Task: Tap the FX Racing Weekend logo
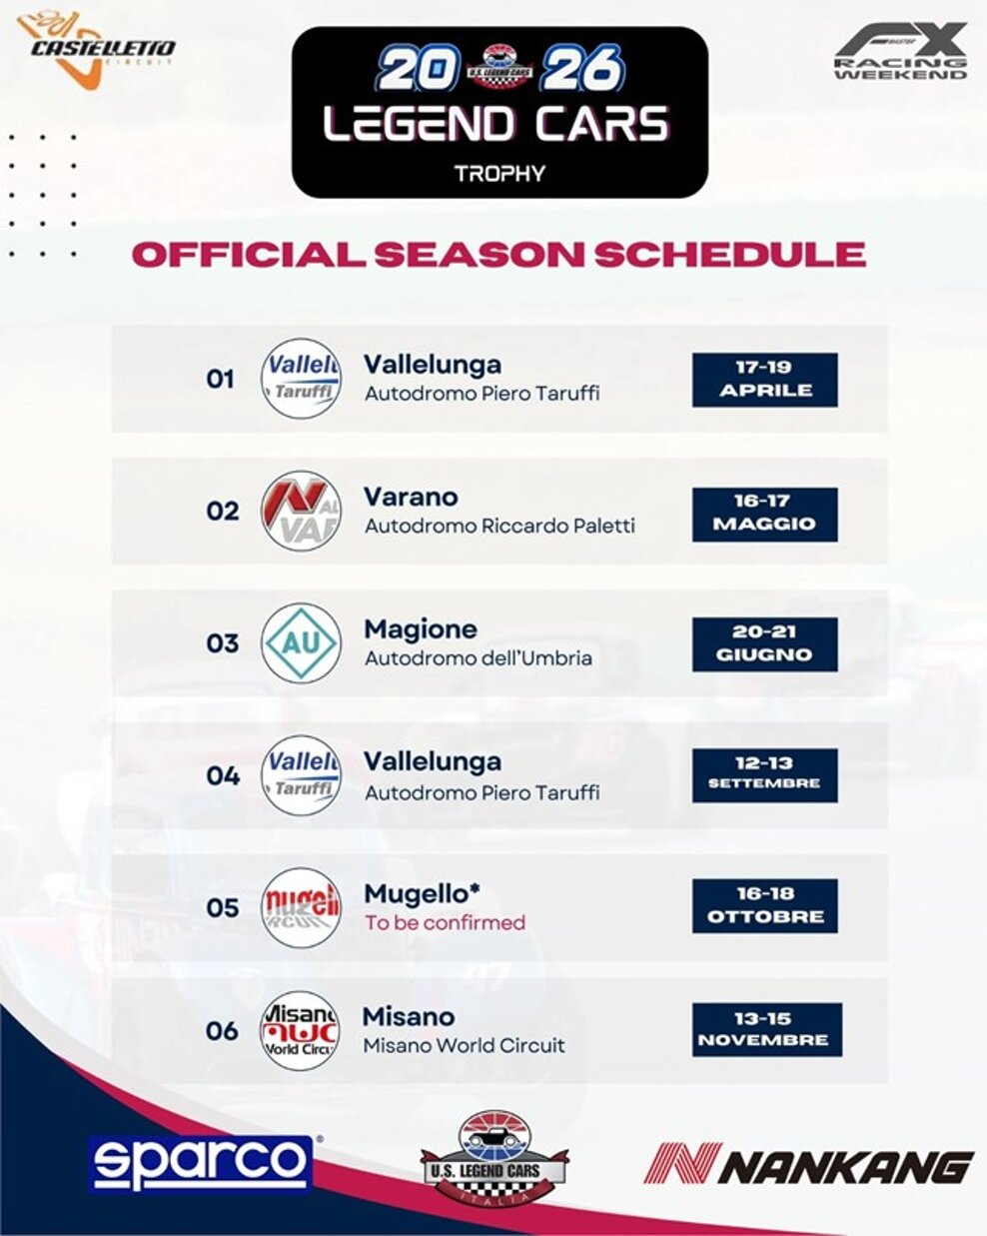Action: click(901, 53)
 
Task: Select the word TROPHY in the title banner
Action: click(499, 173)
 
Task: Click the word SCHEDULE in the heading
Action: click(729, 254)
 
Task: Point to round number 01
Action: click(220, 380)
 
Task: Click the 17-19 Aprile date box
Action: click(764, 379)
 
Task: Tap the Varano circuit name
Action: click(411, 497)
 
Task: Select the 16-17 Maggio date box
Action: click(764, 512)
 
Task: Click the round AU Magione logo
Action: click(301, 643)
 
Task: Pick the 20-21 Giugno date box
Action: click(764, 643)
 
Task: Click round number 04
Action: click(223, 775)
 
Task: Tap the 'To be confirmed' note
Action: click(445, 923)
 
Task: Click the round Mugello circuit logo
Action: click(301, 907)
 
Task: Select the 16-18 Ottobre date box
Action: click(764, 905)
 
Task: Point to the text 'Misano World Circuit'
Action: click(464, 1046)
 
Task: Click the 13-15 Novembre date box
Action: click(766, 1029)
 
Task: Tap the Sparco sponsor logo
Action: click(201, 1163)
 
